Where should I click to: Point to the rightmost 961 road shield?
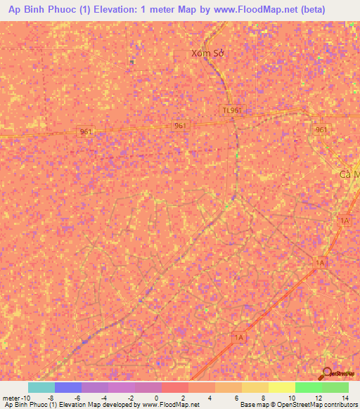coord(321,129)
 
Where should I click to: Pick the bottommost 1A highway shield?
coord(238,338)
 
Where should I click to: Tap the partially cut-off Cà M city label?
coord(349,174)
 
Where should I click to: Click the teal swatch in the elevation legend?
coord(41,387)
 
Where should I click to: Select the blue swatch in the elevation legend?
coord(68,387)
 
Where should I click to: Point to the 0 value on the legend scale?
coord(155,397)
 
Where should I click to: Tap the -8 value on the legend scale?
coord(50,397)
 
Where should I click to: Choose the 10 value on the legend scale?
coord(290,397)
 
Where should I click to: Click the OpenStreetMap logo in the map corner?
coord(340,373)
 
